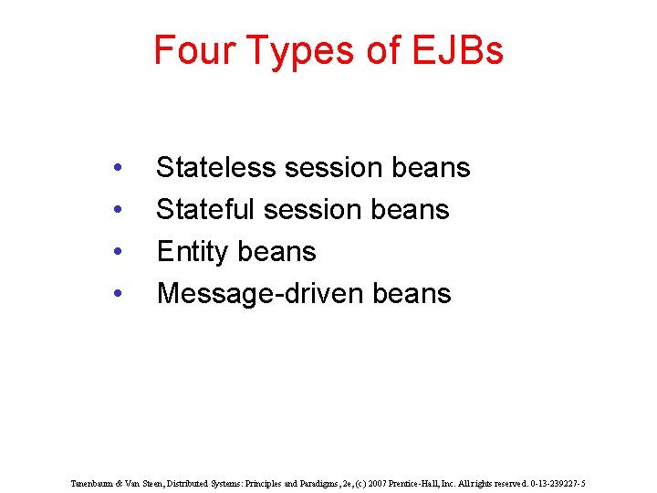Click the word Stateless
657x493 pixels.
[216, 168]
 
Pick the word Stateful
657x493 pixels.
[205, 210]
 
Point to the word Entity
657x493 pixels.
[187, 252]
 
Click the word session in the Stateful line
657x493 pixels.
[312, 210]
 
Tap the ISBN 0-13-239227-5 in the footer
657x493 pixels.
[552, 483]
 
